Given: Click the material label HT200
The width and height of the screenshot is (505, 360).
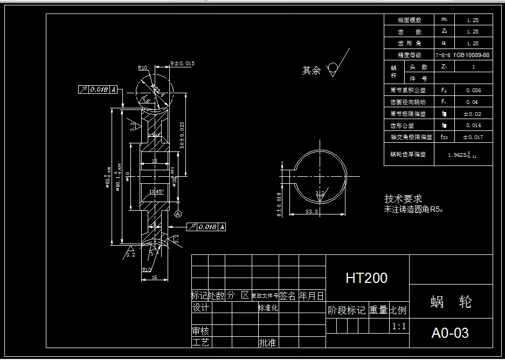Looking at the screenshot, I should pyautogui.click(x=366, y=278).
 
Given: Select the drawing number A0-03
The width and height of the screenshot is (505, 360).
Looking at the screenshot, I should pyautogui.click(x=450, y=333).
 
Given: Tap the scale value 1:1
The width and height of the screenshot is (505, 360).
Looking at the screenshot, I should pyautogui.click(x=399, y=326).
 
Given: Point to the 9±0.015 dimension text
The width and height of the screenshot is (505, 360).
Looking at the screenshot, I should pyautogui.click(x=182, y=64).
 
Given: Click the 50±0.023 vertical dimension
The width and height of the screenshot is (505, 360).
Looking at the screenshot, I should pyautogui.click(x=182, y=134).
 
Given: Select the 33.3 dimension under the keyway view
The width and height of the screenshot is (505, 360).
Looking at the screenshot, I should pyautogui.click(x=312, y=212).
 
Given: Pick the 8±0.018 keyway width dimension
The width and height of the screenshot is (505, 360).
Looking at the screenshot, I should pyautogui.click(x=279, y=204).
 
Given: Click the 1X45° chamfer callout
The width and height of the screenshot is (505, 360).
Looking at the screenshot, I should pyautogui.click(x=156, y=191).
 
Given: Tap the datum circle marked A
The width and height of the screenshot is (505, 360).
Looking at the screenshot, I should pyautogui.click(x=178, y=214).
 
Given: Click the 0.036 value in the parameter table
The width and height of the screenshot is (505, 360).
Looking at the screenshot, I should pyautogui.click(x=473, y=91).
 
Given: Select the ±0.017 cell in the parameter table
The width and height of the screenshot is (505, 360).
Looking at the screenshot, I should pyautogui.click(x=473, y=137).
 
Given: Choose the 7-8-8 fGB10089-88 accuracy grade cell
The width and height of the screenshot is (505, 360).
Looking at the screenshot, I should pyautogui.click(x=462, y=55).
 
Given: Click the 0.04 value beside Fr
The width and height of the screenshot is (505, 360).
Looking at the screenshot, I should pyautogui.click(x=472, y=102).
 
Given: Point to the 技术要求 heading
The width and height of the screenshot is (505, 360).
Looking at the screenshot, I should pyautogui.click(x=403, y=199).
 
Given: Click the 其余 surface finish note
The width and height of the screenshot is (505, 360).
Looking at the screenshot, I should pyautogui.click(x=312, y=71).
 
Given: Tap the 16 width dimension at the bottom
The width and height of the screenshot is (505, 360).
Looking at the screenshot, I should pyautogui.click(x=154, y=276).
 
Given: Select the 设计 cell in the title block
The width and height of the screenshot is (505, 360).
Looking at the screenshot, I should pyautogui.click(x=200, y=308).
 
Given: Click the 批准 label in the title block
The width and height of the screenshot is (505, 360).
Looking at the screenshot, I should pyautogui.click(x=268, y=342).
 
